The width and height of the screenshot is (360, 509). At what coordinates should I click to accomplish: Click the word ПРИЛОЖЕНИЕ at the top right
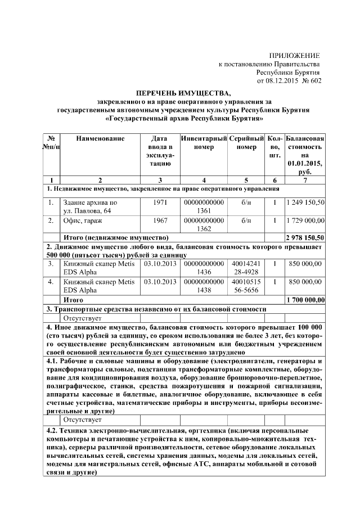pyautogui.click(x=294, y=56)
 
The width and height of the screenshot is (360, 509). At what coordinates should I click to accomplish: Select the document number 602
pyautogui.click(x=313, y=81)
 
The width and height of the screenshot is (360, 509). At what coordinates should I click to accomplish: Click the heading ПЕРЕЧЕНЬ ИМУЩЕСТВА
pyautogui.click(x=183, y=92)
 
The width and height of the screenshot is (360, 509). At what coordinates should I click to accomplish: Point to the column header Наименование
pyautogui.click(x=100, y=138)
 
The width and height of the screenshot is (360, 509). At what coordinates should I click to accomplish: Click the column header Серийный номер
pyautogui.click(x=247, y=142)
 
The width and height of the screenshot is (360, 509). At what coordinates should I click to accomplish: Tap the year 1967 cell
pyautogui.click(x=159, y=220)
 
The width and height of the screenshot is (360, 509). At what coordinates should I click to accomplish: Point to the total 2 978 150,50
pyautogui.click(x=305, y=238)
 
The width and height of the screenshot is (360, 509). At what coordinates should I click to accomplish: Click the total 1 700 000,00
pyautogui.click(x=305, y=300)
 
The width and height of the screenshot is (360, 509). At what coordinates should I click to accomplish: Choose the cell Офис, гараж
pyautogui.click(x=87, y=220)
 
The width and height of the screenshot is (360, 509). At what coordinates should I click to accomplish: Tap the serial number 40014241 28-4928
pyautogui.click(x=246, y=267)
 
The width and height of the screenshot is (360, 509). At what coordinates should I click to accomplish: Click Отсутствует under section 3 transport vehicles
pyautogui.click(x=82, y=318)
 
